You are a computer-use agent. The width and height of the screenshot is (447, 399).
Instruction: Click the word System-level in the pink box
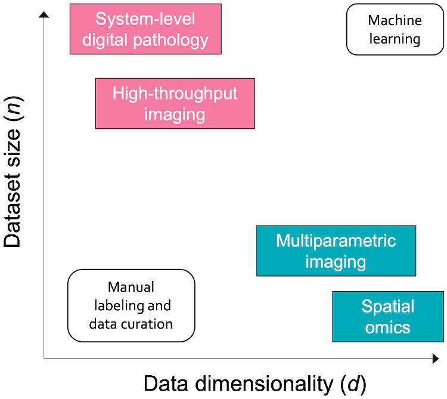point(145,19)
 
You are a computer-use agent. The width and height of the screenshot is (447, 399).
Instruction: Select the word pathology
point(171,41)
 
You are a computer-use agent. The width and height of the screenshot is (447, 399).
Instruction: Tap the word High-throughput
point(175,94)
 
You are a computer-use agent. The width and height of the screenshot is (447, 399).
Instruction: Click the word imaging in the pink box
point(175,115)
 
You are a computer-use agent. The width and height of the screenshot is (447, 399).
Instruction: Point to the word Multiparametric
point(336,241)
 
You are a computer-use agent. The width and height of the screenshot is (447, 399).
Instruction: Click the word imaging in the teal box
point(336,262)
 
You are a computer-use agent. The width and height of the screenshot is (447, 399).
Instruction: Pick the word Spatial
point(388,307)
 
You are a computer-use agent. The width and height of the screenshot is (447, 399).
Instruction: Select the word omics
point(388,327)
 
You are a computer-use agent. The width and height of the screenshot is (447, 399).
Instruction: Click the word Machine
point(395,20)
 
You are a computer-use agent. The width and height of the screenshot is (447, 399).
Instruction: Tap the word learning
point(395,39)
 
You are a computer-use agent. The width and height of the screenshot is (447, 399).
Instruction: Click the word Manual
point(131,287)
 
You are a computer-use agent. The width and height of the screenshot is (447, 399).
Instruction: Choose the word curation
point(148,324)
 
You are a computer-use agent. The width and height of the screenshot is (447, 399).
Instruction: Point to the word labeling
point(119,306)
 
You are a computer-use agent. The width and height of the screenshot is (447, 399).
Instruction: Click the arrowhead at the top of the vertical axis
point(44,14)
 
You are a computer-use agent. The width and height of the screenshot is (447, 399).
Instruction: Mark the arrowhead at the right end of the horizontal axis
point(436,358)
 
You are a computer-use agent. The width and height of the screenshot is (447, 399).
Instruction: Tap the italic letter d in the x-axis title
point(353,383)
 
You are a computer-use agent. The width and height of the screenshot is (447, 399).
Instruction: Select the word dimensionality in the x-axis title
point(264,383)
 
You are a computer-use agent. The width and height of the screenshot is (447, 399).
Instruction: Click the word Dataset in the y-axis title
point(12,210)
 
